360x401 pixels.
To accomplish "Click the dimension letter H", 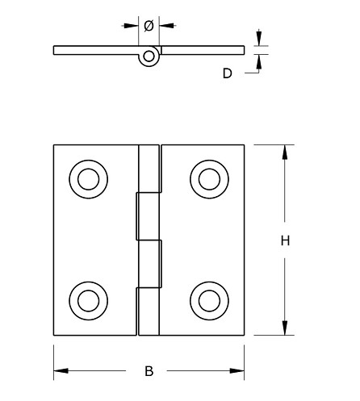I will click(x=285, y=240).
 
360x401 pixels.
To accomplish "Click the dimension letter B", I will click(x=149, y=371).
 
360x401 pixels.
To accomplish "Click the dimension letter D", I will click(x=228, y=73).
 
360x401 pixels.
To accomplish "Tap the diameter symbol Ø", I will click(x=149, y=26).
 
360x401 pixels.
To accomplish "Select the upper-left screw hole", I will click(x=87, y=177).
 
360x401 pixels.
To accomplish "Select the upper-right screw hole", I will click(x=207, y=177).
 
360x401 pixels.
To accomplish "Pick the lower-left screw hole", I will click(x=87, y=300).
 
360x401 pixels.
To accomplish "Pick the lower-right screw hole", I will click(x=207, y=300).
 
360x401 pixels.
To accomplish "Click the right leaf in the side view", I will click(x=202, y=50).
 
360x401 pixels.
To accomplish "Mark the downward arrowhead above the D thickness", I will click(x=258, y=41).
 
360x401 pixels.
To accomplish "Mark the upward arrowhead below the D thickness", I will click(x=258, y=59).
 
